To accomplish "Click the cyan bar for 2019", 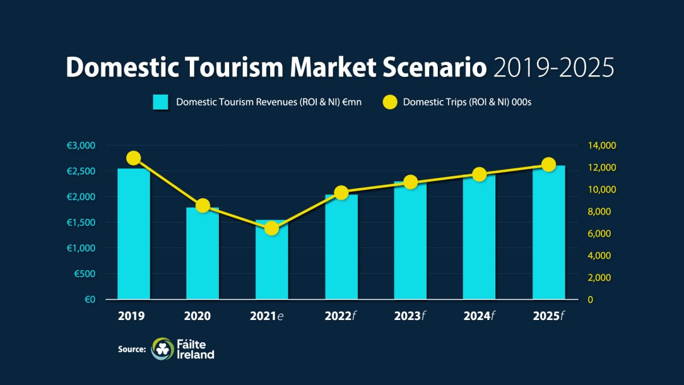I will (x=133, y=234).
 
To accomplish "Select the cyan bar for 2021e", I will (x=272, y=260).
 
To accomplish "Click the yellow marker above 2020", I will (x=202, y=206).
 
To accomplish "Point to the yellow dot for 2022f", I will (x=341, y=193).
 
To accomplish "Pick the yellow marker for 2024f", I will (x=479, y=175).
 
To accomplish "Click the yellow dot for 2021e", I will (x=272, y=228).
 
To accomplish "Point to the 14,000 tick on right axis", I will (x=602, y=145).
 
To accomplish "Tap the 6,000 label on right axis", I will (x=600, y=234).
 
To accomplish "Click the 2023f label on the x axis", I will (x=410, y=316).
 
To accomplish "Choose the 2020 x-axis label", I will (x=202, y=316).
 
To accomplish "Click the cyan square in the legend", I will (x=160, y=103).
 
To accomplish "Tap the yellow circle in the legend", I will (x=389, y=103).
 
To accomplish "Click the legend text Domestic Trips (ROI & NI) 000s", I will (x=467, y=103).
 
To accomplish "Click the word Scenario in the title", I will (x=433, y=68).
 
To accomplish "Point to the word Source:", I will (x=132, y=349).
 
